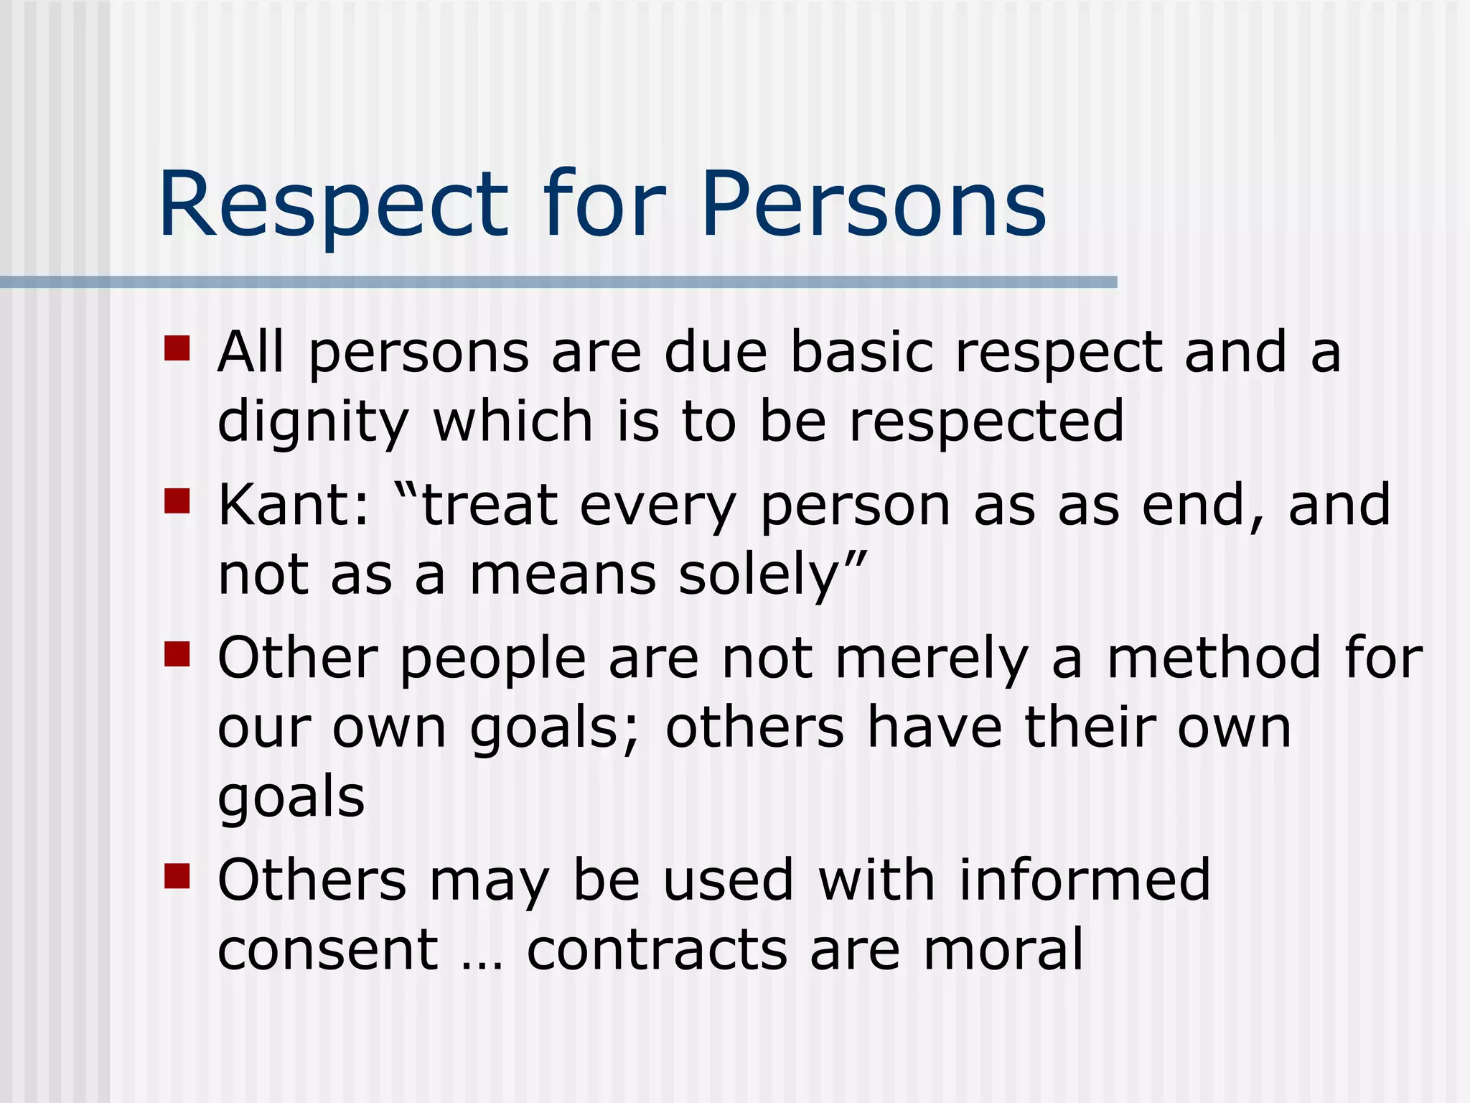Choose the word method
tap(1214, 658)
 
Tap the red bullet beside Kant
tap(177, 501)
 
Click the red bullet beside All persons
tap(177, 348)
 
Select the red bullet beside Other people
tap(177, 654)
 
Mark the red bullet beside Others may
tap(177, 876)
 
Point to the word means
tap(563, 577)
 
